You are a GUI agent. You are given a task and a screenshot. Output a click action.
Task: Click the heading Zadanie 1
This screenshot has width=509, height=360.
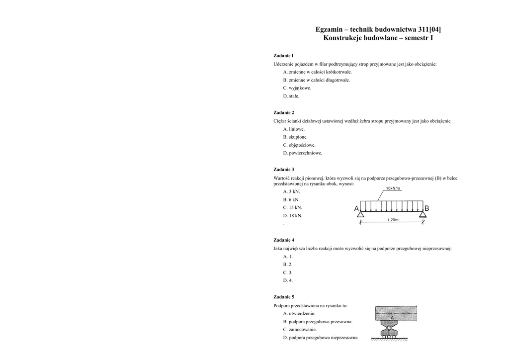[x=283, y=56]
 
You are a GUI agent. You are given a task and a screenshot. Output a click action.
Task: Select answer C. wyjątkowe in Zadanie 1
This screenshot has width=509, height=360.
[x=297, y=88]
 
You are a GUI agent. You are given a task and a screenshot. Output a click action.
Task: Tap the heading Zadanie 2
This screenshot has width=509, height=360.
[x=284, y=112]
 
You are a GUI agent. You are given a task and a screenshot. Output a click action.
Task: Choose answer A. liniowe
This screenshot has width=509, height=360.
[x=294, y=129]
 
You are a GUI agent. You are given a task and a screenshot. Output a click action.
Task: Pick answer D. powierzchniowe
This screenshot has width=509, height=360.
[x=302, y=153]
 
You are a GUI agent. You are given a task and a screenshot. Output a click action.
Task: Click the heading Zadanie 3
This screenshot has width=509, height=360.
[x=284, y=169]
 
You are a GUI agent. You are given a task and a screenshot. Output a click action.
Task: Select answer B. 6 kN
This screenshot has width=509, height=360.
[x=291, y=199]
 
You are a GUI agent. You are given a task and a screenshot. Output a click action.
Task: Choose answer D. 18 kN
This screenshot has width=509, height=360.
[x=292, y=216]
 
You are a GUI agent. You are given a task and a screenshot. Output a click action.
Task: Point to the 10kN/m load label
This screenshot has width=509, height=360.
[x=393, y=188]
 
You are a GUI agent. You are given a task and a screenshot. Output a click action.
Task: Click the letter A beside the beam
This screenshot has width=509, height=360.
[x=356, y=208]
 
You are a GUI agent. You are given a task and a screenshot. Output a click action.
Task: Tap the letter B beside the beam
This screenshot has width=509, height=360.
[x=426, y=208]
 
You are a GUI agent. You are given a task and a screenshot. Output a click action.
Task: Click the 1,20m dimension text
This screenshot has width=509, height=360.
[x=392, y=220]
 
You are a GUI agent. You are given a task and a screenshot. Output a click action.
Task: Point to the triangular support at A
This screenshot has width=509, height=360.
[x=361, y=214]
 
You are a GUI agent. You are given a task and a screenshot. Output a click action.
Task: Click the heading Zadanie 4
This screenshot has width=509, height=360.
[x=284, y=240]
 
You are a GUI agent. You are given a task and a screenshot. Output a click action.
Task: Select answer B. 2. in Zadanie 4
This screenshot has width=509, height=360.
[x=288, y=265]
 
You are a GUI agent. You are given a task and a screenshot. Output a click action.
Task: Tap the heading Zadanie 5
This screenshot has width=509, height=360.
[x=284, y=297]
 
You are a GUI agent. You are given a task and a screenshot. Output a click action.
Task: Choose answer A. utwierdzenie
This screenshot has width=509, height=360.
[x=299, y=314]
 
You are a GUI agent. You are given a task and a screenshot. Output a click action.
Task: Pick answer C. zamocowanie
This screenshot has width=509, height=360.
[x=300, y=329]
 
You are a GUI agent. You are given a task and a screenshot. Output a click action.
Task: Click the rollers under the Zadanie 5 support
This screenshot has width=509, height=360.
[x=389, y=337]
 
